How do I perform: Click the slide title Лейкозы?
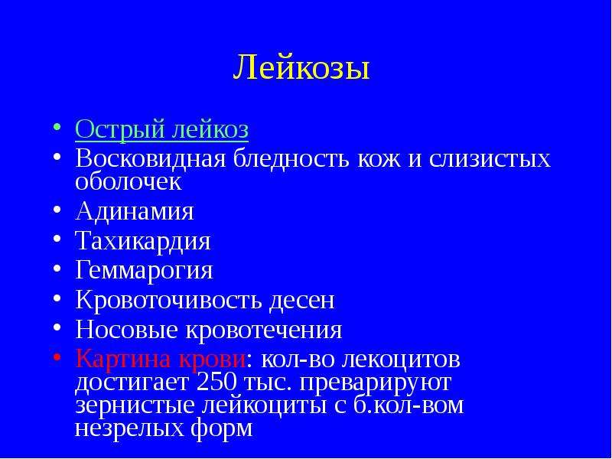coord(301,68)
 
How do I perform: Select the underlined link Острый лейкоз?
coord(161,129)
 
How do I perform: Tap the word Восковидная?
coord(150,158)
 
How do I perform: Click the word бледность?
coord(291,158)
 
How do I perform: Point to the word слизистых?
coord(490,159)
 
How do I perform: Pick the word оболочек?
coord(129,182)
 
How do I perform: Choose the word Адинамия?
coord(135,212)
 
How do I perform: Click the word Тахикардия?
coord(143,242)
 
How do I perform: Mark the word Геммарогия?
coord(144,271)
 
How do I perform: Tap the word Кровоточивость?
coord(168,300)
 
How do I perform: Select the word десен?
coord(301,301)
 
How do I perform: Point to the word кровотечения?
coord(264,330)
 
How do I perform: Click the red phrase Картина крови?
coord(161,359)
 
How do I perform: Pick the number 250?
coord(216,382)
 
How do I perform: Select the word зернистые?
coord(135,405)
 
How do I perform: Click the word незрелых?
coord(130,428)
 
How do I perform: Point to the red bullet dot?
coord(57,357)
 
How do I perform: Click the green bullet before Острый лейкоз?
coord(57,127)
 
